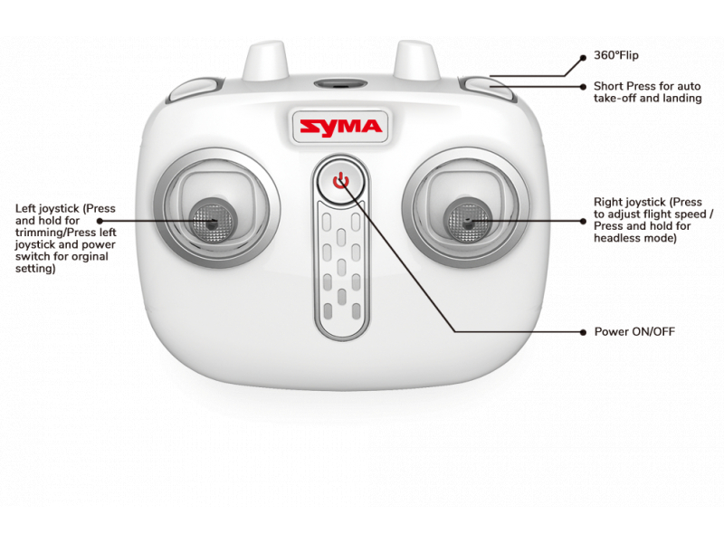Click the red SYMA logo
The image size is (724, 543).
[x=341, y=127]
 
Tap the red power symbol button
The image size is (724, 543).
[x=341, y=180]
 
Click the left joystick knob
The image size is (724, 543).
[x=212, y=221]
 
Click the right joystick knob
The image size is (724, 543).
[x=467, y=220]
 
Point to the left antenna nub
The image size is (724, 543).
[x=265, y=61]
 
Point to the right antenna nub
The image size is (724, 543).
[x=416, y=61]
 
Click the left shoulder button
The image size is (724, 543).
[x=194, y=90]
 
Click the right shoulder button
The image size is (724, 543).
[x=488, y=89]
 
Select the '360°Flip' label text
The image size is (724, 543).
[x=616, y=55]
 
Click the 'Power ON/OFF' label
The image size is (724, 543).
[x=634, y=331]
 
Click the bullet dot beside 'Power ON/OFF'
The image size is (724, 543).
[x=583, y=332]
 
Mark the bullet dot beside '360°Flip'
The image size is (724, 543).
[x=583, y=58]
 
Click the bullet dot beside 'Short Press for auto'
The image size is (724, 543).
[x=583, y=86]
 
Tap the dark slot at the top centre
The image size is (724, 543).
[x=341, y=84]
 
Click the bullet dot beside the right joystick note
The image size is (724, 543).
[x=583, y=221]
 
